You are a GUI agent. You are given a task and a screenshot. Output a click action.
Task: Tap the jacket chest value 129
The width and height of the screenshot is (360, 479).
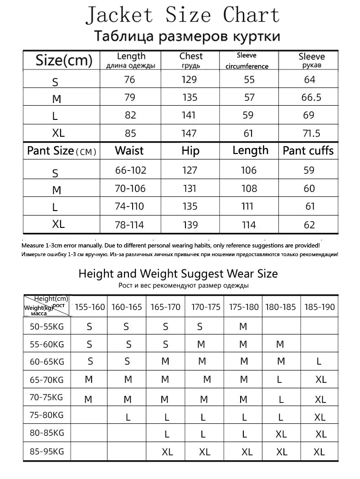click(x=189, y=80)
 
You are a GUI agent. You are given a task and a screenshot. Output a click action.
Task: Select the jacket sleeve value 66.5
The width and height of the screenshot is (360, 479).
click(x=311, y=98)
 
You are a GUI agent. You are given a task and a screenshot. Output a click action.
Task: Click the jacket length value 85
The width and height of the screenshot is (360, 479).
click(x=130, y=133)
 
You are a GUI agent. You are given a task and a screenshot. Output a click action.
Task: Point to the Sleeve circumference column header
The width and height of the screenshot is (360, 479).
click(x=247, y=61)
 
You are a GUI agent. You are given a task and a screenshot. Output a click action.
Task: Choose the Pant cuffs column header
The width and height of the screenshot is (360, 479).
click(x=308, y=151)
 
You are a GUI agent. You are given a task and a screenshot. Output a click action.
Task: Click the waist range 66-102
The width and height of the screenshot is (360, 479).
click(x=131, y=170)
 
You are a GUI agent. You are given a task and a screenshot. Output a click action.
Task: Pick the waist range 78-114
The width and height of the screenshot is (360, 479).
click(x=131, y=224)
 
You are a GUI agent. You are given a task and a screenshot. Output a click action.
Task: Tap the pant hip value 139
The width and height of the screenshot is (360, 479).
click(x=190, y=225)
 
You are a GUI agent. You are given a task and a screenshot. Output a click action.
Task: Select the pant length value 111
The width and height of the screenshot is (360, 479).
click(x=247, y=206)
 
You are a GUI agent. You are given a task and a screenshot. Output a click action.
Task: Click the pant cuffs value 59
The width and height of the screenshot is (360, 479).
click(x=309, y=170)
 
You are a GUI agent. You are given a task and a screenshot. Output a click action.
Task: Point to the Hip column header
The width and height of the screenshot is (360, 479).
click(x=190, y=151)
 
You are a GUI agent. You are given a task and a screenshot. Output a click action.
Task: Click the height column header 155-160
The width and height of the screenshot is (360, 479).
click(x=90, y=307)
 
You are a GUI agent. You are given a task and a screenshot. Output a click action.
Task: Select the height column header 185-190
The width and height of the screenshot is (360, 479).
click(x=319, y=307)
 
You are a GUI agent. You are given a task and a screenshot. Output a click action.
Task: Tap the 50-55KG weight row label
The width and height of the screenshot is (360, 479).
click(x=47, y=326)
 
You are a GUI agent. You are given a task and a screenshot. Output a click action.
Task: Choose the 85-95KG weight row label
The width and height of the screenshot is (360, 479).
click(x=47, y=452)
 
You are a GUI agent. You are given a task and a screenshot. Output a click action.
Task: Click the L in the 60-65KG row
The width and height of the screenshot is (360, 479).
click(x=319, y=362)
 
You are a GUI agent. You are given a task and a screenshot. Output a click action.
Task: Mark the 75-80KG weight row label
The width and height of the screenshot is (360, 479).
click(x=47, y=415)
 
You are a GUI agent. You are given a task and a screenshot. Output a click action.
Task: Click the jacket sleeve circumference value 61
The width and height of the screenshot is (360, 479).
click(x=248, y=133)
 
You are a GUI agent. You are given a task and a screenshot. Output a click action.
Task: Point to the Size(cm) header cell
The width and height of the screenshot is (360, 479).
click(x=64, y=60)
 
